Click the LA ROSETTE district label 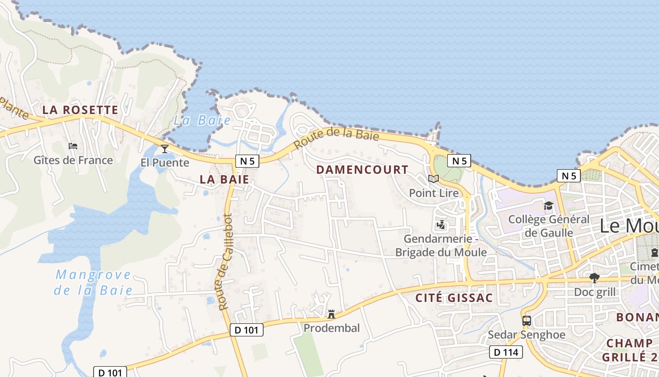coord(80,110)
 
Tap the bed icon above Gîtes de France coord(73,146)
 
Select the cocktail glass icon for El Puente coord(165,149)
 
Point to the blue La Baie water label coord(202,120)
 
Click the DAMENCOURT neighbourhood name coord(362,170)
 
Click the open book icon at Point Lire coord(434,179)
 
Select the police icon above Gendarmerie coord(441,225)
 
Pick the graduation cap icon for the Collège coord(548,205)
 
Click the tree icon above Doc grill coord(595,278)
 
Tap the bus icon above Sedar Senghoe coord(527,321)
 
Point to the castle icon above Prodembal coord(331,314)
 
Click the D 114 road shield coord(506,352)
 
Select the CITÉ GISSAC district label coord(454,298)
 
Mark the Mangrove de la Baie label coord(93,282)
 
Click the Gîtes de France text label coord(73,160)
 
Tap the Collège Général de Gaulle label coord(549,226)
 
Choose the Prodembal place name coord(332,328)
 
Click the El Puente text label coord(165,163)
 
